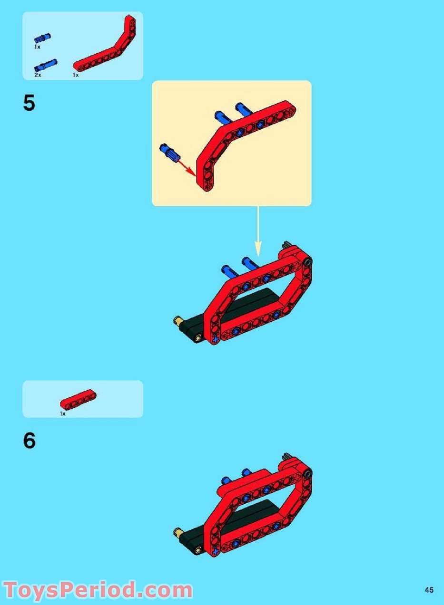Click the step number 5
pyautogui.click(x=29, y=103)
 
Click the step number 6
pyautogui.click(x=29, y=441)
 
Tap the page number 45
pyautogui.click(x=429, y=590)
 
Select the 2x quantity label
pyautogui.click(x=38, y=75)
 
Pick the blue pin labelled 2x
pyautogui.click(x=45, y=65)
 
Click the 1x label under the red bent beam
pyautogui.click(x=76, y=75)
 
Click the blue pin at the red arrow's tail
pyautogui.click(x=169, y=153)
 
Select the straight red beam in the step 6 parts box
pyautogui.click(x=78, y=399)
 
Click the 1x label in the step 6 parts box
pyautogui.click(x=62, y=413)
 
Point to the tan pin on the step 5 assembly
pyautogui.click(x=179, y=322)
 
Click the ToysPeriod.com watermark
pyautogui.click(x=97, y=590)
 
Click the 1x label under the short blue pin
pyautogui.click(x=37, y=47)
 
